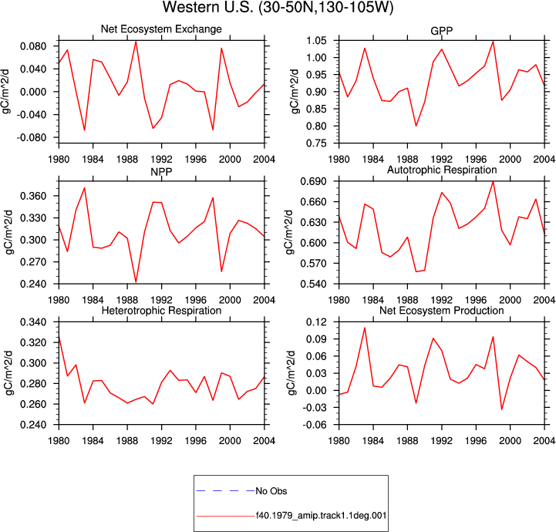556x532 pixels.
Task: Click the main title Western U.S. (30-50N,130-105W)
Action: click(278, 7)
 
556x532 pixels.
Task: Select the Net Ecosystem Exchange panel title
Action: click(161, 29)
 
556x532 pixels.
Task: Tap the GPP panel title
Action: click(441, 31)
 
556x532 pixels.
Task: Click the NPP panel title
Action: click(161, 172)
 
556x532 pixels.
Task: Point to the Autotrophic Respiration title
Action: click(442, 170)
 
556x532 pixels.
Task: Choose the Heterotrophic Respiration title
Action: click(161, 311)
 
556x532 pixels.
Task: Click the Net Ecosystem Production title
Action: click(442, 311)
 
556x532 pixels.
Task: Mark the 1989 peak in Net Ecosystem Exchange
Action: click(136, 41)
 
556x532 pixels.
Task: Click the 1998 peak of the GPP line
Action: click(493, 41)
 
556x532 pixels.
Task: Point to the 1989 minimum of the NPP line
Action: click(136, 282)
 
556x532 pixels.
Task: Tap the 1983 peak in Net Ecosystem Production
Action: click(365, 328)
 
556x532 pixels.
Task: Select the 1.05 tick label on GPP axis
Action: click(317, 40)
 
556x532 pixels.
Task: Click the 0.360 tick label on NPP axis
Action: click(33, 196)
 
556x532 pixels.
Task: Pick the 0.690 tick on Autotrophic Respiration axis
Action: click(313, 181)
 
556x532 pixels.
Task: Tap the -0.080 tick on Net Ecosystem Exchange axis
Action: click(31, 137)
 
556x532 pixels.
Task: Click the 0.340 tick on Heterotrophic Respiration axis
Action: click(33, 322)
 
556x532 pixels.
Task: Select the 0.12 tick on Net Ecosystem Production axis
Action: click(317, 322)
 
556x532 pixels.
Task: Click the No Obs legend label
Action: click(271, 491)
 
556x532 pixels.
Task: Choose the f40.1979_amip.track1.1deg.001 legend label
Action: click(321, 515)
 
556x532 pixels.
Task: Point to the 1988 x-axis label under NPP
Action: click(127, 301)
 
